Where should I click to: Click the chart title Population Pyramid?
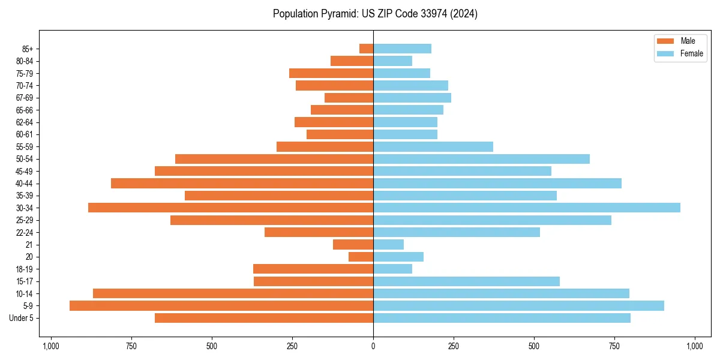coord(375,14)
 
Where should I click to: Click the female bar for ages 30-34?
coord(527,208)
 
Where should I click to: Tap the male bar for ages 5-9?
coord(221,305)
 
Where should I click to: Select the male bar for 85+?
coord(367,49)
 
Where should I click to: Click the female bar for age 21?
coord(388,244)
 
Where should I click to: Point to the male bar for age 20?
coord(361,257)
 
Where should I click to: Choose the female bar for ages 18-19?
coord(392,269)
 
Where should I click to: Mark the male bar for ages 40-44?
coord(242,183)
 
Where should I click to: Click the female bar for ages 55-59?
coord(433,146)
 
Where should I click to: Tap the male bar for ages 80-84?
coord(352,61)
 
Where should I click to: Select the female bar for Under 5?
coord(502,318)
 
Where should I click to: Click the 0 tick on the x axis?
coord(373,346)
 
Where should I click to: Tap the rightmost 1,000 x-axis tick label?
coord(695,346)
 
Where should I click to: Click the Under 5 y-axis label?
coord(22,318)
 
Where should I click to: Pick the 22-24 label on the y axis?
coord(25,232)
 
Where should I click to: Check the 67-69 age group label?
coord(25,98)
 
